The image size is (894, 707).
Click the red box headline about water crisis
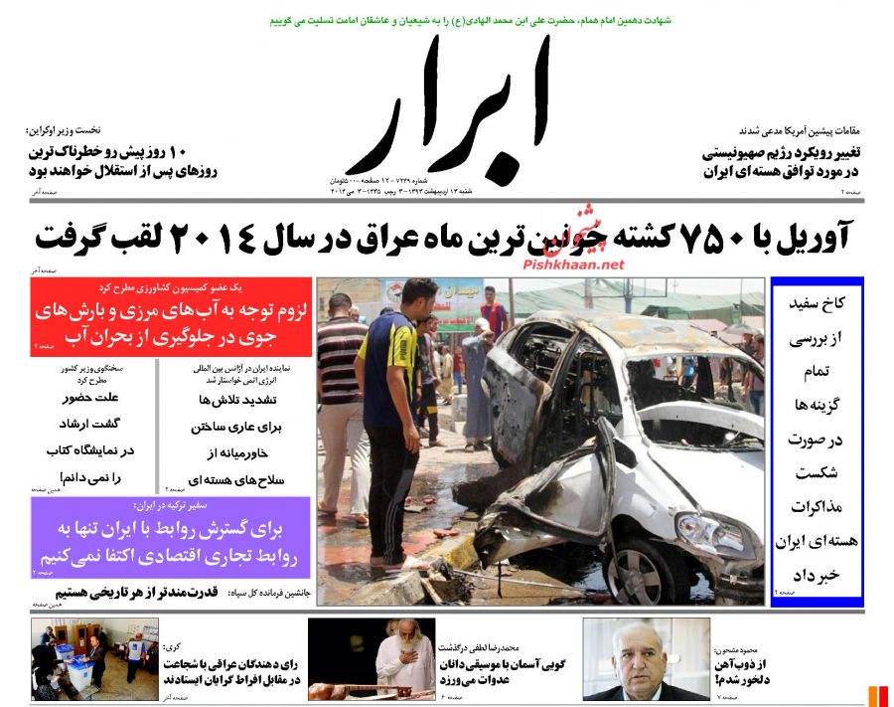click(x=171, y=324)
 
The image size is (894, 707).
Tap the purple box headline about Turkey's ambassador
click(x=171, y=540)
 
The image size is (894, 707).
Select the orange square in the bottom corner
click(x=877, y=695)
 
